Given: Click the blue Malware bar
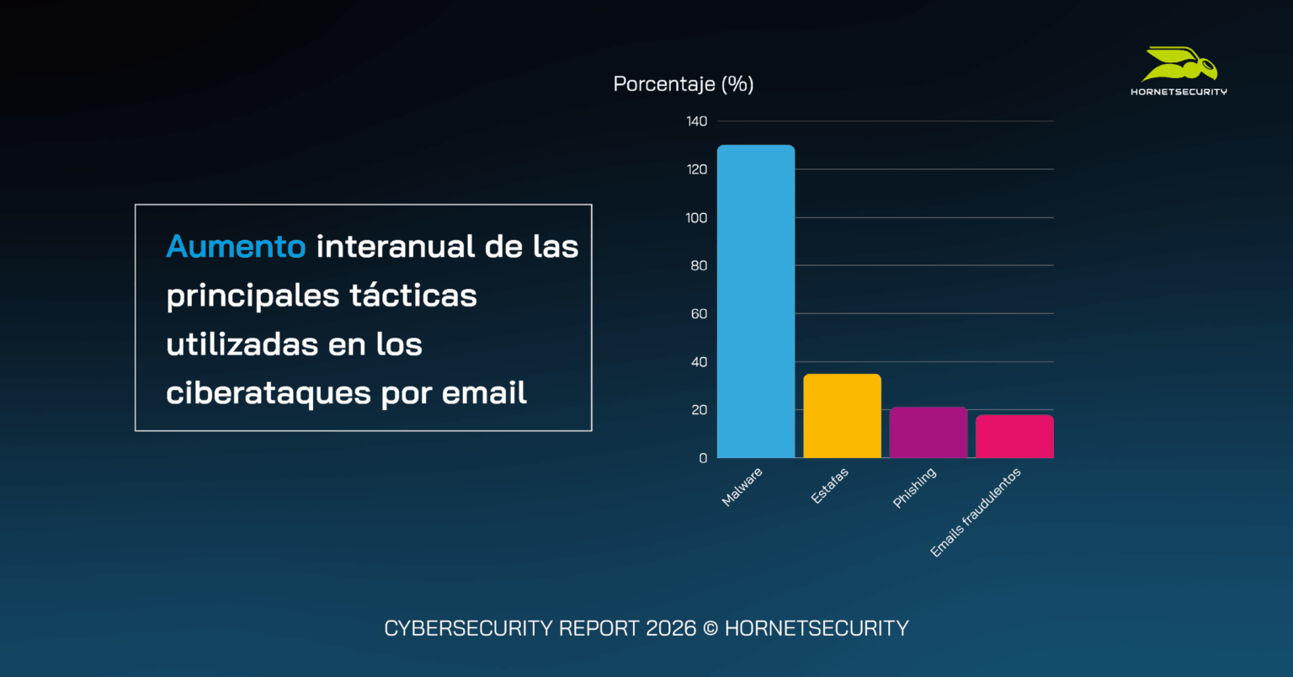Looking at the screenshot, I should click(x=755, y=301).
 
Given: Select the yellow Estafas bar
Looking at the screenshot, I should click(x=842, y=416).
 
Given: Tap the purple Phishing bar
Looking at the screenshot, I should click(x=928, y=433).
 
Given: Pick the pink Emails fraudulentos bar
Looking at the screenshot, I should click(x=1014, y=436).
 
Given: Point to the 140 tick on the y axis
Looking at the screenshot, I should click(x=696, y=121).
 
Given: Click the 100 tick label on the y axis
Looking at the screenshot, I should click(x=696, y=217).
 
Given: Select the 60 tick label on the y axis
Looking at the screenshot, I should click(x=699, y=314).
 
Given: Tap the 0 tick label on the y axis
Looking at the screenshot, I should click(x=703, y=458).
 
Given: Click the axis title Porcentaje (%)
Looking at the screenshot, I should click(x=683, y=84).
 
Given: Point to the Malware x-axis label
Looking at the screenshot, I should click(x=742, y=487).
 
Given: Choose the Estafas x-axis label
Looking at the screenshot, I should click(x=829, y=486).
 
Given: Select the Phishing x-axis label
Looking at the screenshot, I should click(x=914, y=488).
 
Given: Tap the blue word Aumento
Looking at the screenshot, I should click(x=236, y=247).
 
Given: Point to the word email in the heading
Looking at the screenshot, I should click(x=484, y=393).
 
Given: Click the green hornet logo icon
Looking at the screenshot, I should click(x=1179, y=65).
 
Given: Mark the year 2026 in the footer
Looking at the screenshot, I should click(x=671, y=628).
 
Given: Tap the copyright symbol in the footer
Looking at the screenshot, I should click(x=710, y=628).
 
